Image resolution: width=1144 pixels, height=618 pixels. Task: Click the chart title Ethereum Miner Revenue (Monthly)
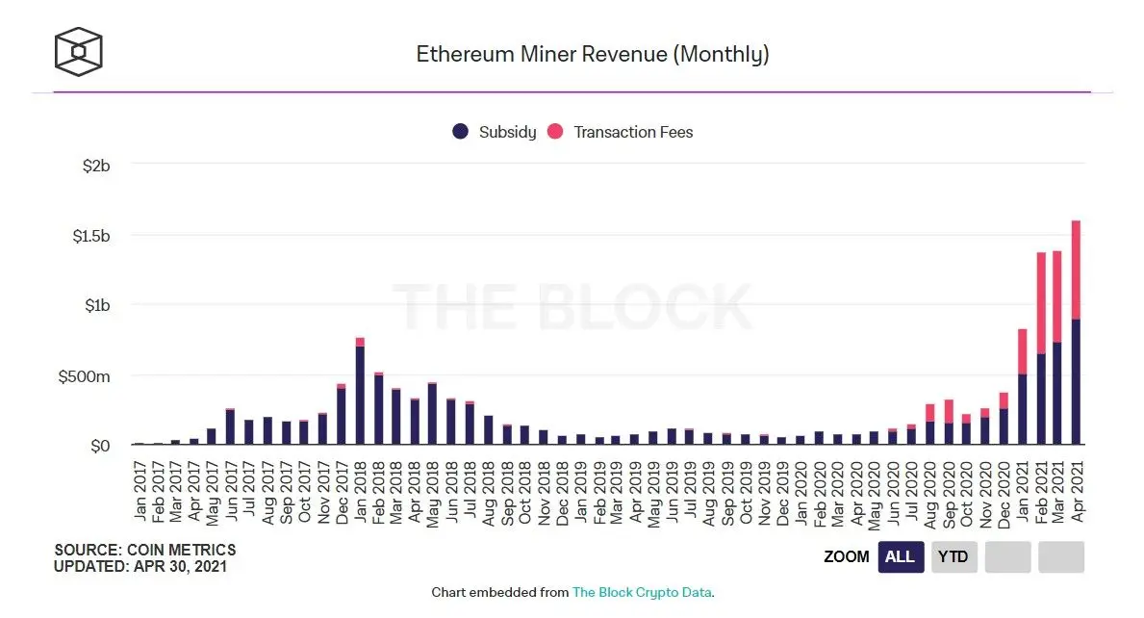(592, 54)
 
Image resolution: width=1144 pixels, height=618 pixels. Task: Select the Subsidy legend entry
(495, 132)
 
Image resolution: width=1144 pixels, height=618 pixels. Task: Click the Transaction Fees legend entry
(621, 132)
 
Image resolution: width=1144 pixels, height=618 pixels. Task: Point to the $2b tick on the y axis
(96, 166)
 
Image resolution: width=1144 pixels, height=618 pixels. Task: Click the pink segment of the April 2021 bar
(1076, 270)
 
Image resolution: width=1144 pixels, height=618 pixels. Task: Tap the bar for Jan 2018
(360, 395)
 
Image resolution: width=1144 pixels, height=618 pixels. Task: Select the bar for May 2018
(433, 414)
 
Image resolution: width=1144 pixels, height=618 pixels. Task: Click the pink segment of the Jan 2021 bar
(1022, 351)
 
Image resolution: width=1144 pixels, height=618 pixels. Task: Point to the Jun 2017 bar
(230, 426)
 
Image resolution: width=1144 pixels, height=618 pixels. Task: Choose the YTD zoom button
(953, 556)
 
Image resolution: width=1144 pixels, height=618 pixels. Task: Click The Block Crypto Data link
(642, 592)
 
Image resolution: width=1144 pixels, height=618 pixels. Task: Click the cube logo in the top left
(79, 51)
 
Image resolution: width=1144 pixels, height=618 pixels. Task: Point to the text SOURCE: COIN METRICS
(144, 550)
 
